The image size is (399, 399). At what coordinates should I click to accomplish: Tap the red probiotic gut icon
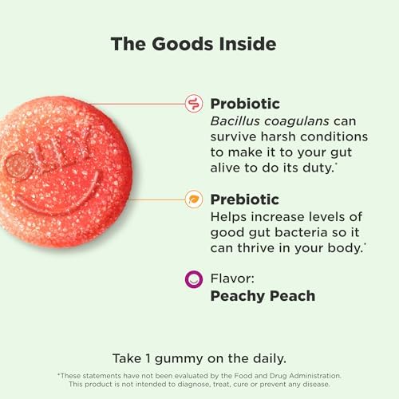193,103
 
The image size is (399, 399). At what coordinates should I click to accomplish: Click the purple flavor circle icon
193,280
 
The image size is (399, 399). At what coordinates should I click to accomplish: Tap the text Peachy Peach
263,296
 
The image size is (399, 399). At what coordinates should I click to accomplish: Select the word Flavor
230,279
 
